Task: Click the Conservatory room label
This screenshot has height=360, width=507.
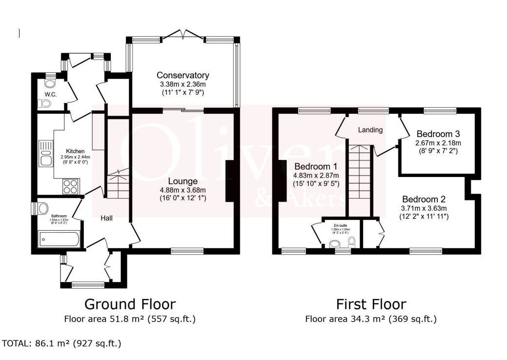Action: tap(183, 75)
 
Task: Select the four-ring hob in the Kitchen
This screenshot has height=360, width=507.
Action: tap(70, 186)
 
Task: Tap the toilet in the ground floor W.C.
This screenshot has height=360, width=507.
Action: tap(45, 103)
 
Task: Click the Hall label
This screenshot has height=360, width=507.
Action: tap(106, 218)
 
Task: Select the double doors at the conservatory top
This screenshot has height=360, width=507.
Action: tap(183, 35)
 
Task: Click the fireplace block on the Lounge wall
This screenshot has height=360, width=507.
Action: tap(229, 180)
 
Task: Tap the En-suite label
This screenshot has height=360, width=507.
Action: tap(341, 225)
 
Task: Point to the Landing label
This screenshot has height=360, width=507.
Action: tap(370, 130)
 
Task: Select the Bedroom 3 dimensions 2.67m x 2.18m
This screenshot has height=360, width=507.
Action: tap(438, 143)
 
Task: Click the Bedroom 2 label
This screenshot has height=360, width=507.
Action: tap(424, 199)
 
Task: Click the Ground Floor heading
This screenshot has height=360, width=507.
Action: tap(130, 304)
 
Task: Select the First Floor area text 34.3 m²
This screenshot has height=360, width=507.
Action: tap(370, 319)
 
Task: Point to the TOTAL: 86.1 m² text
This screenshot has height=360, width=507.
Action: tap(61, 343)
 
